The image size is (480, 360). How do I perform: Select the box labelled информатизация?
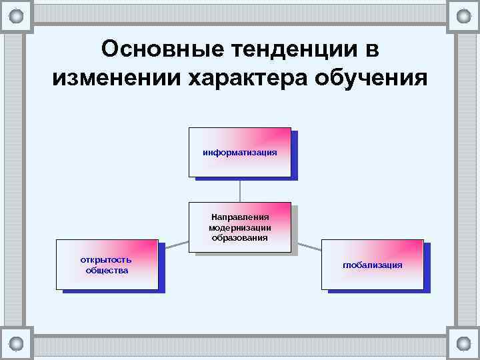tap(240, 152)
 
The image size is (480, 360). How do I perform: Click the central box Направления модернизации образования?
tap(240, 227)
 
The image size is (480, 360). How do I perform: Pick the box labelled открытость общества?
tap(107, 264)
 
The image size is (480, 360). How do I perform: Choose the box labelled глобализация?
tap(373, 264)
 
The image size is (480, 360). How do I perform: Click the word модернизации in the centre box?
tap(240, 227)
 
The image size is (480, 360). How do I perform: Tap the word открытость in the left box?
tap(106, 259)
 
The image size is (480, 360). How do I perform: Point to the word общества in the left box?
tap(107, 270)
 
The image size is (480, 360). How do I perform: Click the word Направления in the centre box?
tap(240, 217)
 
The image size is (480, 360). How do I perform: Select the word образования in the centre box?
tap(240, 237)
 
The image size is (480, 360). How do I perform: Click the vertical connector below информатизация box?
tap(240, 189)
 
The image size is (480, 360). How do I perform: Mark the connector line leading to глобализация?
tap(307, 246)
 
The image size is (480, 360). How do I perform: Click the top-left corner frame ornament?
tap(17, 16)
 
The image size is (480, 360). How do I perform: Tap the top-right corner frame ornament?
tap(463, 16)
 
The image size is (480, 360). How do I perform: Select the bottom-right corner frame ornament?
tap(463, 343)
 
